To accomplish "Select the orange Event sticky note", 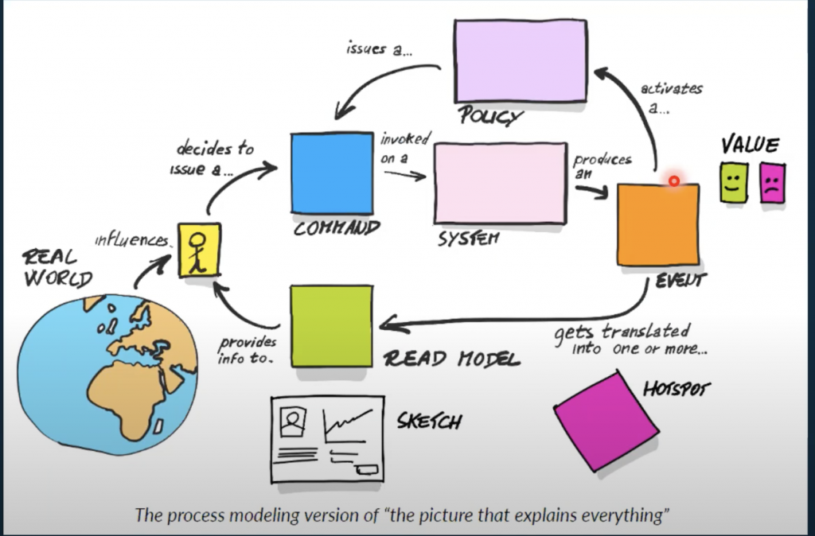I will pyautogui.click(x=657, y=225).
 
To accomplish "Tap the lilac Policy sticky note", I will pyautogui.click(x=520, y=60).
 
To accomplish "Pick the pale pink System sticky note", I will pyautogui.click(x=500, y=184).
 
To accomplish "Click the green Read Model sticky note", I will pyautogui.click(x=331, y=326).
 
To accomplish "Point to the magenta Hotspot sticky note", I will pyautogui.click(x=606, y=420).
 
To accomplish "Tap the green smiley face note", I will pyautogui.click(x=733, y=182).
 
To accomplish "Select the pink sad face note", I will pyautogui.click(x=771, y=182).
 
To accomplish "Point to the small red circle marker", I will pyautogui.click(x=673, y=181).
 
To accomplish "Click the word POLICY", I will pyautogui.click(x=490, y=117).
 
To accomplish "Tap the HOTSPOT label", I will pyautogui.click(x=676, y=390).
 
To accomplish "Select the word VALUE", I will pyautogui.click(x=750, y=145).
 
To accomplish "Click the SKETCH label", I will pyautogui.click(x=429, y=420).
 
